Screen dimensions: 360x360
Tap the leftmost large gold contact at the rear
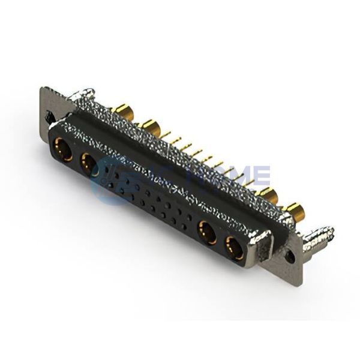(122, 111)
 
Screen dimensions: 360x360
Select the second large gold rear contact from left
(151, 127)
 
